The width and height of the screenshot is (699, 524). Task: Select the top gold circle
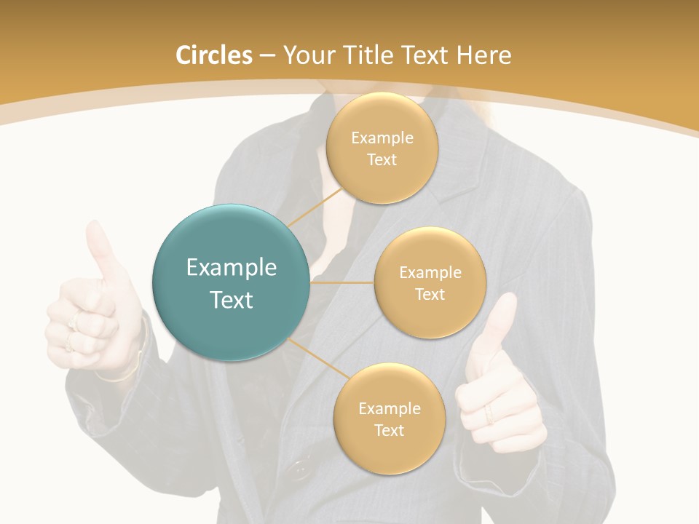(382, 148)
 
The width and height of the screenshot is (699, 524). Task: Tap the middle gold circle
(430, 282)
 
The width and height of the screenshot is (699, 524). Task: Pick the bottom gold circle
(389, 418)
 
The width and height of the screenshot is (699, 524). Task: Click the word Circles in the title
(214, 55)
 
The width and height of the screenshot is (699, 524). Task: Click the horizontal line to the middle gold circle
(342, 282)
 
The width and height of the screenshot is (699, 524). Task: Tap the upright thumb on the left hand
(100, 251)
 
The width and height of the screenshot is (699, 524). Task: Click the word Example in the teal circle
(232, 268)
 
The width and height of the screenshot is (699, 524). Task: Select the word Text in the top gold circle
(382, 159)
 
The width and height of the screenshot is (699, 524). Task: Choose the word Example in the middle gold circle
(430, 272)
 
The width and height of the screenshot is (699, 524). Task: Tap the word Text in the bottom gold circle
(389, 430)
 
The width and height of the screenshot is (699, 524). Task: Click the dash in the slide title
(266, 56)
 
